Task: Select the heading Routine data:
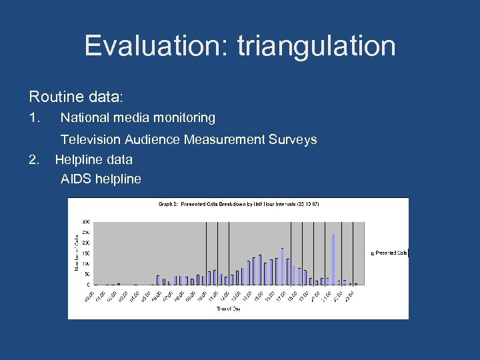coord(75,97)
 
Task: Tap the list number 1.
coord(35,118)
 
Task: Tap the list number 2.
coord(35,159)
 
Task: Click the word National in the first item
coord(83,118)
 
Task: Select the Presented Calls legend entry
coord(389,253)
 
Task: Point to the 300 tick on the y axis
coord(86,221)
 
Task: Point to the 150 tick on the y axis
coord(86,253)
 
